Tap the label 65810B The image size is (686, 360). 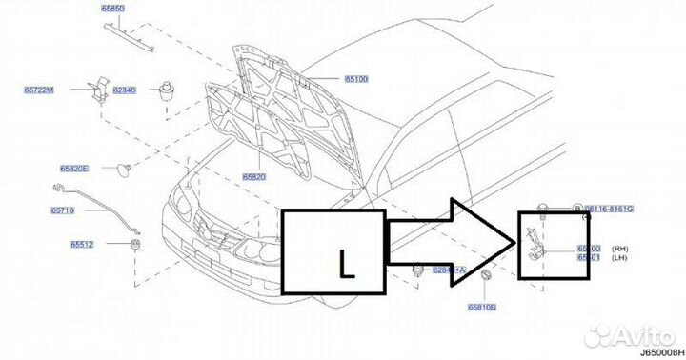[482, 308]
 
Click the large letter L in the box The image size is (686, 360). [347, 262]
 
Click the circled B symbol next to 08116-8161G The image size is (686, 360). [575, 207]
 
